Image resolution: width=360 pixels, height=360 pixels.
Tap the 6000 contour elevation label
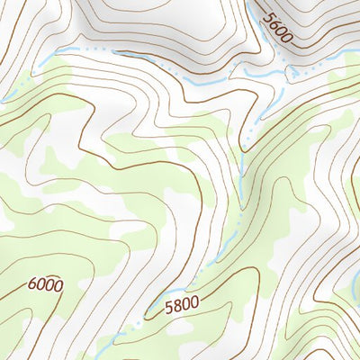[x=45, y=285]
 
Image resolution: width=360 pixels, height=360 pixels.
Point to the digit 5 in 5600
[x=267, y=13]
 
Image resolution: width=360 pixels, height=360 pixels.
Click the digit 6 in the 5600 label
[x=274, y=22]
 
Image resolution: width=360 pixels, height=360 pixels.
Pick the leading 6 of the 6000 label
[x=32, y=286]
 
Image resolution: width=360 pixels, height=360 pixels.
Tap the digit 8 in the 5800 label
[x=176, y=307]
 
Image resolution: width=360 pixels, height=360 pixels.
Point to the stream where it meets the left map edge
[x=4, y=99]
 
